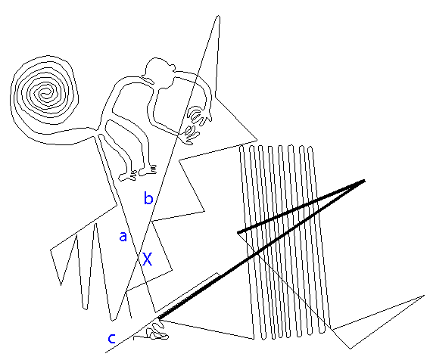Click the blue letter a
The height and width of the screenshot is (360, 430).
(123, 237)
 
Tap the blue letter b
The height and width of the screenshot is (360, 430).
(148, 198)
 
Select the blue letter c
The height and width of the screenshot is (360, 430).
(111, 339)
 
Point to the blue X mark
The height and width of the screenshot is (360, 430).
(148, 259)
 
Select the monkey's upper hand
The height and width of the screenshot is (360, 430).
(199, 115)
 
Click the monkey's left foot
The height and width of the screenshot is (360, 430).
(127, 176)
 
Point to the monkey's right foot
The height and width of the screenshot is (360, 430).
(148, 170)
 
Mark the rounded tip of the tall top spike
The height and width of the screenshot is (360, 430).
(218, 17)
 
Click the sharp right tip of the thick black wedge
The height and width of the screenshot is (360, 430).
(365, 180)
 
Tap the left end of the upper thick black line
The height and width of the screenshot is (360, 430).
(238, 233)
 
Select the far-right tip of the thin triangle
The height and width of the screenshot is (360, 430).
(424, 296)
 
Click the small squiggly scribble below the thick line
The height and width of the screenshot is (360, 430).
(156, 331)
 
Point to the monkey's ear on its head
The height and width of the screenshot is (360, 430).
(172, 68)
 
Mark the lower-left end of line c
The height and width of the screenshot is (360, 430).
(106, 352)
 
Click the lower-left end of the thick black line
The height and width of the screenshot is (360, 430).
(159, 318)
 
